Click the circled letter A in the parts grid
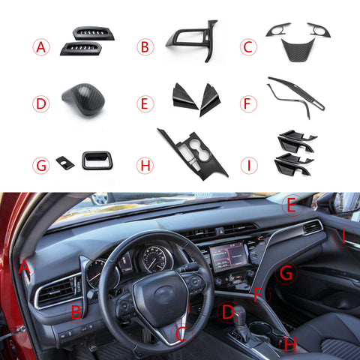[x=41, y=48]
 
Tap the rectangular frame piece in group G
[x=97, y=159]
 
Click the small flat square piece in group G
[x=65, y=162]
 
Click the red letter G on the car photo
[x=286, y=274]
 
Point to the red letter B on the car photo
[x=76, y=311]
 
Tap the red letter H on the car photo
[x=289, y=344]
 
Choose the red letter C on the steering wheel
[x=180, y=332]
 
